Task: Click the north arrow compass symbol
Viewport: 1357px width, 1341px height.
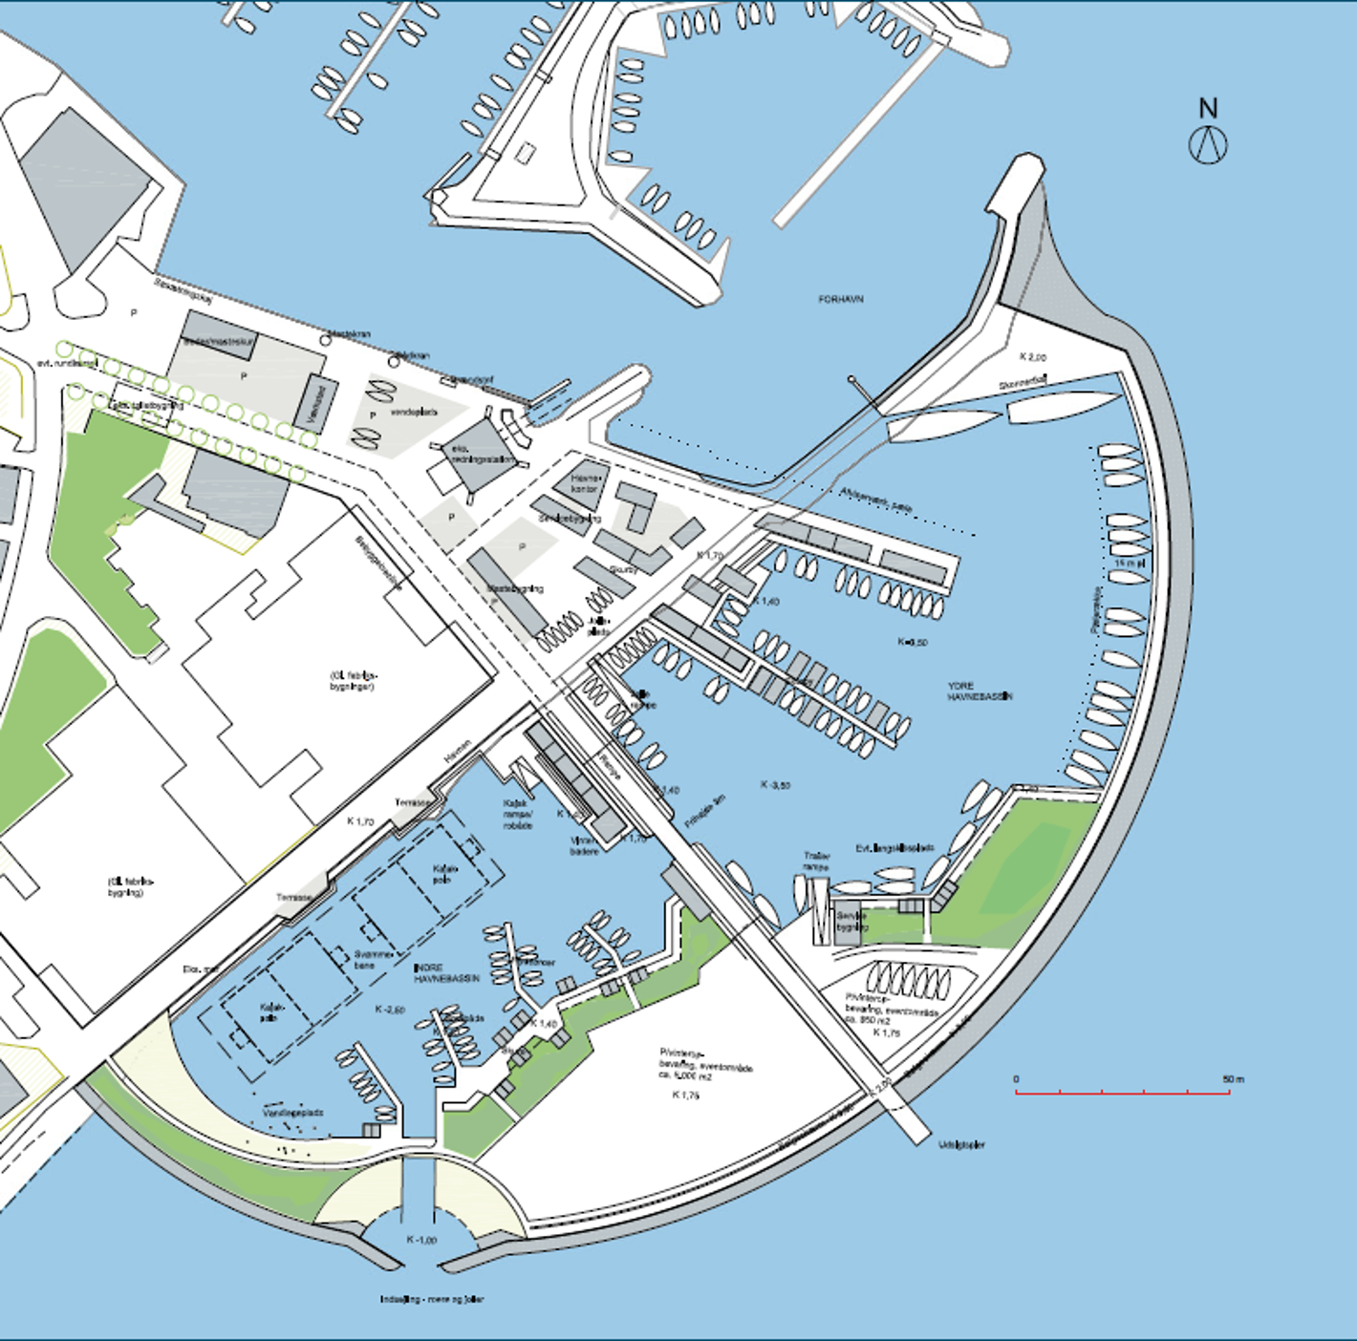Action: coord(1208,144)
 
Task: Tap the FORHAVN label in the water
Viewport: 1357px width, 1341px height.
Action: coord(841,299)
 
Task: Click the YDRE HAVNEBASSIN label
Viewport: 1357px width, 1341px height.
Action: coord(980,692)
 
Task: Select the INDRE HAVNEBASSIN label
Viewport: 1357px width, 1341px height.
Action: coord(446,973)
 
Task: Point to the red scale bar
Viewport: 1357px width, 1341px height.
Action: coord(1122,1092)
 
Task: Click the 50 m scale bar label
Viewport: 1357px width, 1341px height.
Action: coord(1234,1079)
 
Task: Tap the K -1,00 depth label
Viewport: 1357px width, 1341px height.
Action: coord(421,1240)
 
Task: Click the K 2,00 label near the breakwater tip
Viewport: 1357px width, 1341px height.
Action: coord(1033,357)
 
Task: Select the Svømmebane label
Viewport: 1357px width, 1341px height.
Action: coord(372,959)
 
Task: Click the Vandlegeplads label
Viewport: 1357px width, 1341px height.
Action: coord(293,1113)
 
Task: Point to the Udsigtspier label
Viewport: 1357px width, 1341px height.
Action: coord(961,1144)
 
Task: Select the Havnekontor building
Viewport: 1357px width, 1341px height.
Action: coord(583,483)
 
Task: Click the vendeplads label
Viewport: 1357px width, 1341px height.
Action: coord(414,413)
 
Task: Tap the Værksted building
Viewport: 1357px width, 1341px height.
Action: coord(320,402)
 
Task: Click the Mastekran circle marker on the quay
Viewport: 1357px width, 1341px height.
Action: coord(326,340)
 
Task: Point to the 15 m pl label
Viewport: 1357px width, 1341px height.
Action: coord(1129,564)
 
